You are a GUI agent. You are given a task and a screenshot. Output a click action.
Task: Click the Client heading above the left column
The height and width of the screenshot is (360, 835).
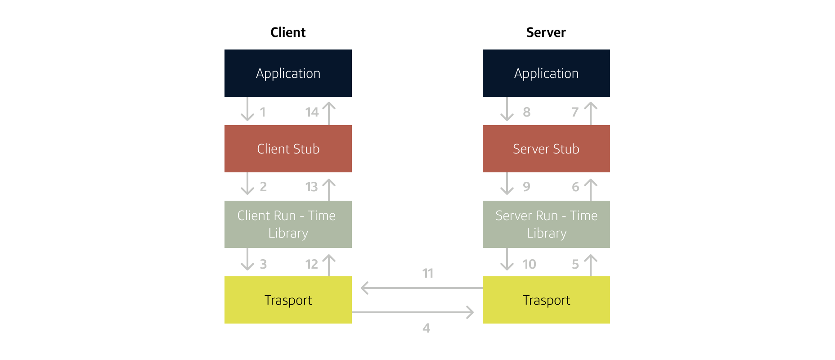click(x=288, y=32)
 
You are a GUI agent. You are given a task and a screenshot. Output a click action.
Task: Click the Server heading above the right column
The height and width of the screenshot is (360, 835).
click(x=546, y=32)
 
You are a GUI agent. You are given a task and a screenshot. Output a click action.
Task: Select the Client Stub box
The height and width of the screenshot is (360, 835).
click(x=288, y=148)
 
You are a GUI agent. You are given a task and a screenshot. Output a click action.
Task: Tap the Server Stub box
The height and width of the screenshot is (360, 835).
click(x=546, y=148)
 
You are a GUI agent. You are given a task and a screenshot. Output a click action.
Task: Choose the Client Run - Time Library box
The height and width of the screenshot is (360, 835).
click(x=288, y=224)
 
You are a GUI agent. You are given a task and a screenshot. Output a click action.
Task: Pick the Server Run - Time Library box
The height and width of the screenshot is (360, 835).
click(x=546, y=224)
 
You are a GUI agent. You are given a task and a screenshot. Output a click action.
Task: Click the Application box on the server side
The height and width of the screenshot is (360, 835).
click(x=546, y=73)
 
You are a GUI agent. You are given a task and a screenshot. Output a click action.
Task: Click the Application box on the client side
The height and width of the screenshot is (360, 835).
click(x=288, y=73)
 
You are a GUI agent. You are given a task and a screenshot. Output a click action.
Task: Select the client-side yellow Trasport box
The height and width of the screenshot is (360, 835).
click(x=288, y=300)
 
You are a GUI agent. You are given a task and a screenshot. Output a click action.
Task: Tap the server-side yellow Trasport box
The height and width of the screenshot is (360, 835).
click(x=546, y=300)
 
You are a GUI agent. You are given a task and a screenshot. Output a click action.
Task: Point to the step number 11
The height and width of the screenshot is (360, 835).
click(x=428, y=273)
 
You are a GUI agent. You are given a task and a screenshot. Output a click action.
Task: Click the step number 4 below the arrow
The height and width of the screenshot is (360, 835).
click(x=426, y=328)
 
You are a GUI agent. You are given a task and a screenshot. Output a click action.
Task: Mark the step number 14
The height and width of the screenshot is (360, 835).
click(x=312, y=112)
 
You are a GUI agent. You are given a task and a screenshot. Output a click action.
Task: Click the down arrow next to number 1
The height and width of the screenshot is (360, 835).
click(x=247, y=110)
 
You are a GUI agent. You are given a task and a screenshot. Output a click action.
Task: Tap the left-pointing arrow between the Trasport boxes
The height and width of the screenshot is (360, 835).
click(x=421, y=288)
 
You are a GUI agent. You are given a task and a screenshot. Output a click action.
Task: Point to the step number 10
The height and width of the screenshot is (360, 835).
click(x=529, y=264)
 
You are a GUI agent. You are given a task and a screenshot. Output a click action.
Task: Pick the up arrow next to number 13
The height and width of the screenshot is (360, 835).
click(x=329, y=189)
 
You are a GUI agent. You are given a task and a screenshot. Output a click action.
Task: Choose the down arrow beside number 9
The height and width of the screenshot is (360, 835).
click(x=507, y=184)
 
